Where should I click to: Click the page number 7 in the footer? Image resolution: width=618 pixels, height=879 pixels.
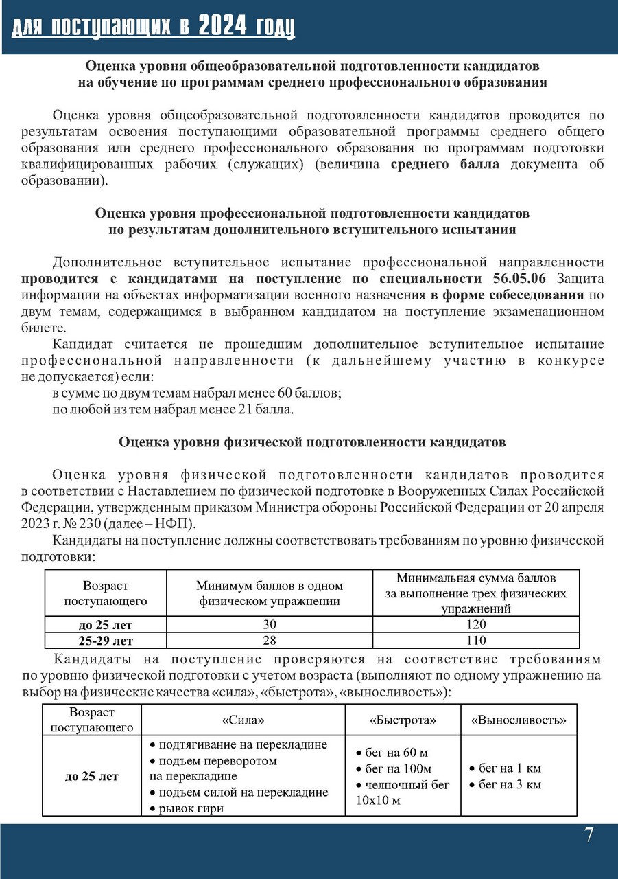(x=589, y=836)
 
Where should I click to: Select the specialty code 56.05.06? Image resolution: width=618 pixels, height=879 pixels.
(x=523, y=279)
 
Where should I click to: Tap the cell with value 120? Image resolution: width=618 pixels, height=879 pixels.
(x=475, y=624)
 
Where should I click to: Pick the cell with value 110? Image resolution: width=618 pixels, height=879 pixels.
(x=475, y=641)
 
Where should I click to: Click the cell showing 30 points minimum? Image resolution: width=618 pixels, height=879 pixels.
(x=269, y=624)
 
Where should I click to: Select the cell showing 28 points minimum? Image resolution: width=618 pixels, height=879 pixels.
(x=269, y=641)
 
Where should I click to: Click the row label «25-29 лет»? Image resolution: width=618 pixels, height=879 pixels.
(x=106, y=641)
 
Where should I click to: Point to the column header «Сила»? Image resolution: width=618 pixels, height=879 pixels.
(x=243, y=720)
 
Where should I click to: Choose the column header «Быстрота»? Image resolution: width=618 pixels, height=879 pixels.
(x=403, y=720)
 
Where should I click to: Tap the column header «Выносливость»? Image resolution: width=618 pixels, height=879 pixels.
(x=519, y=720)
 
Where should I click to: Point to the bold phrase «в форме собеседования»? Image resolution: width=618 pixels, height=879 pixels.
(x=507, y=295)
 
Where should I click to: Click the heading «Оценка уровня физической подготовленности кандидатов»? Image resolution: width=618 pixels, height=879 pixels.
(x=312, y=443)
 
